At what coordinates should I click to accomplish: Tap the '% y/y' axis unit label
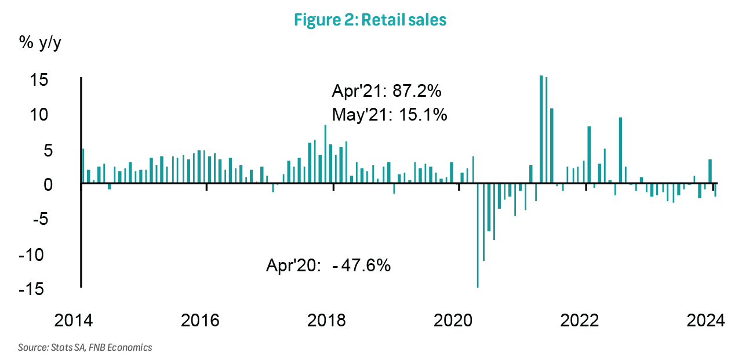[40, 43]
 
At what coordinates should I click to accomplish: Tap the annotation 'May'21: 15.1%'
[389, 115]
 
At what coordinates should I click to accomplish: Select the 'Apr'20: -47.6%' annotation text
[328, 266]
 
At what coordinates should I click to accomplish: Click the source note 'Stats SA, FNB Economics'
[85, 348]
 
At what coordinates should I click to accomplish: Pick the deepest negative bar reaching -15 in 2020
[478, 235]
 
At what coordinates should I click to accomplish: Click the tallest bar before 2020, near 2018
[325, 154]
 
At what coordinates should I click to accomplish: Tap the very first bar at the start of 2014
[83, 166]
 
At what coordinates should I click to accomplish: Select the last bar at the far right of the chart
[715, 190]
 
